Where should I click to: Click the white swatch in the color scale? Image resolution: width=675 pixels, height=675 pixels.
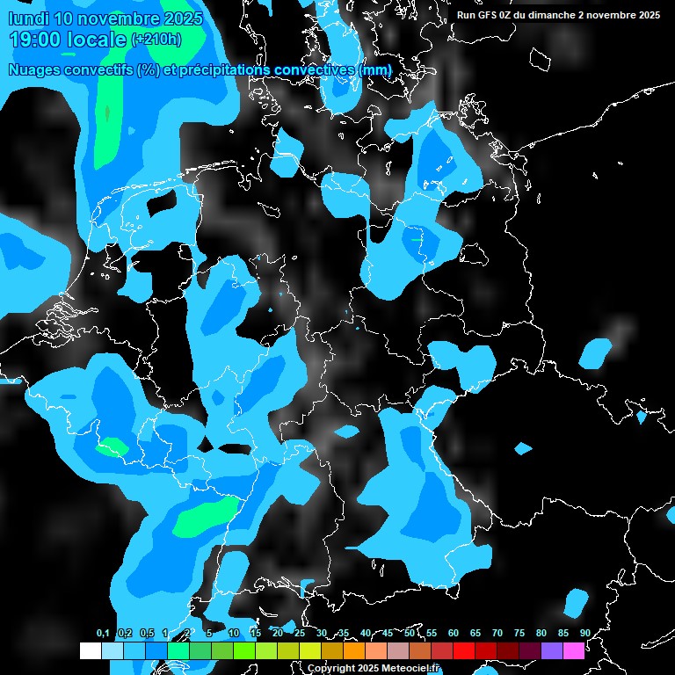(x=91, y=650)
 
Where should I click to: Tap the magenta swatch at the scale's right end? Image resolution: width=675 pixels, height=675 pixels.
(x=574, y=650)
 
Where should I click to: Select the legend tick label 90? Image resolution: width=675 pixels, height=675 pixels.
(x=584, y=633)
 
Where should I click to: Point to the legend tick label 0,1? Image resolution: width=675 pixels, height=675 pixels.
(x=103, y=633)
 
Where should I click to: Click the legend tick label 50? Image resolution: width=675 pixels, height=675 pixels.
(x=410, y=633)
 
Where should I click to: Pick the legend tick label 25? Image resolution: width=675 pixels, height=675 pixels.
(x=300, y=633)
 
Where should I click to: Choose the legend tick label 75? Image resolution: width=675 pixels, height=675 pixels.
(x=519, y=633)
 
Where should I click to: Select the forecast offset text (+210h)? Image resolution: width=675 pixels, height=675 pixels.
(x=156, y=39)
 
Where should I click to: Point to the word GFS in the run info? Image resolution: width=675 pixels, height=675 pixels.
(x=486, y=15)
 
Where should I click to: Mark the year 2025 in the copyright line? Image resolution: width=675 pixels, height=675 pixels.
(x=368, y=669)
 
